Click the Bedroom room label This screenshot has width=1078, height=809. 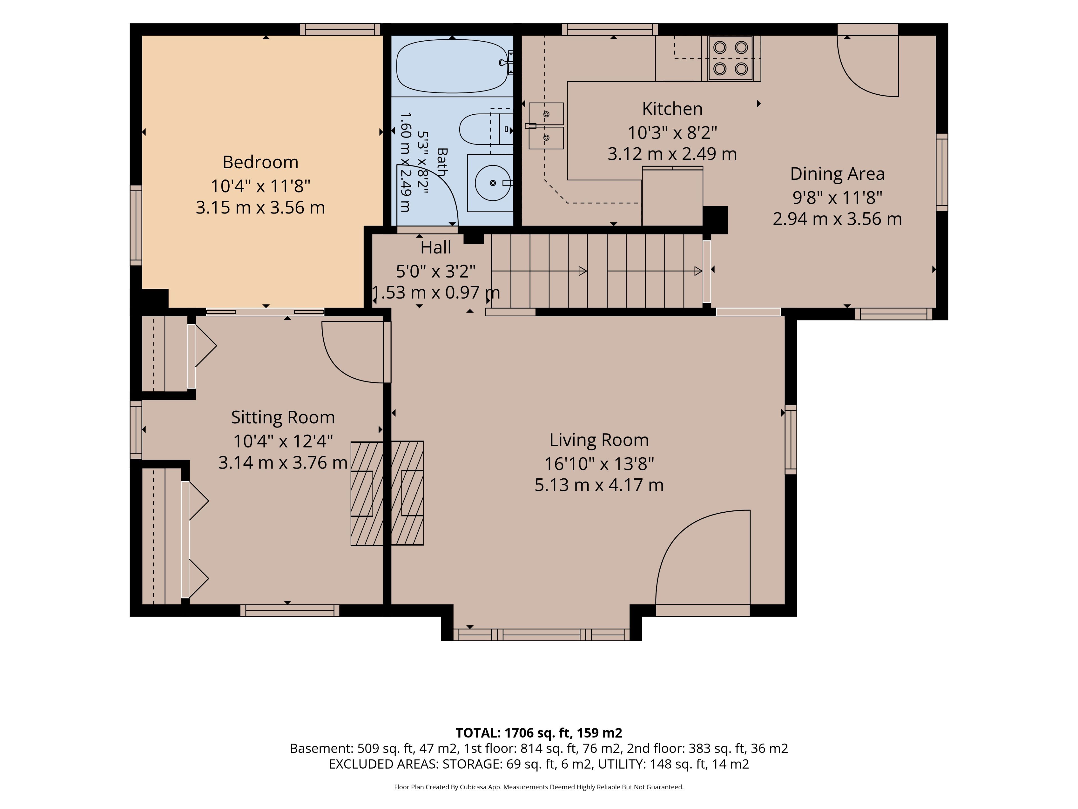[x=260, y=162]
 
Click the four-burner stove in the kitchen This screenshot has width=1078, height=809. [x=730, y=58]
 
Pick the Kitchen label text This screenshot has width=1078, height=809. [x=672, y=109]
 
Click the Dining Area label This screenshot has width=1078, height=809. [x=837, y=174]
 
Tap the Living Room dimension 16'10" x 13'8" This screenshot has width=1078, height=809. [x=599, y=463]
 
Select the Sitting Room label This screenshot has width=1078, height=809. [x=283, y=417]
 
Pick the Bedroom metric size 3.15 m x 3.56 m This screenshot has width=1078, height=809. [x=260, y=208]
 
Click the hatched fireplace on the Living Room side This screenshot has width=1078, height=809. [x=407, y=492]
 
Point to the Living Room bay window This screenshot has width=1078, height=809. [x=542, y=635]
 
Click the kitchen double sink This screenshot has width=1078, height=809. [x=546, y=125]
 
